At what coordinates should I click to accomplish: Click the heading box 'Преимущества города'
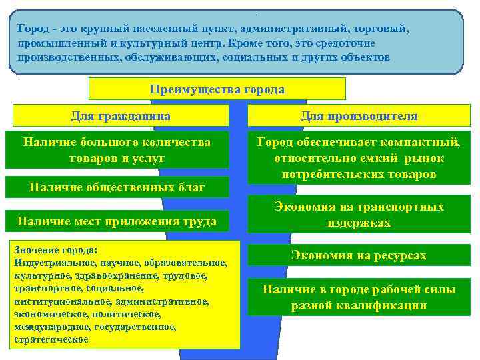pos(217,89)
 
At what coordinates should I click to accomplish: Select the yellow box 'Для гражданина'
pos(121,116)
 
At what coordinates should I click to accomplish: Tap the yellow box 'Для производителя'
pos(359,116)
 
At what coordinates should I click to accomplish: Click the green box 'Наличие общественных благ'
pos(117,187)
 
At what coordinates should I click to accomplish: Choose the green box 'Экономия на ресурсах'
pos(359,255)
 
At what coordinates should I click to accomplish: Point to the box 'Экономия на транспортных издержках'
pos(359,215)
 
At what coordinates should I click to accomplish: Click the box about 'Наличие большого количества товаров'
pos(117,150)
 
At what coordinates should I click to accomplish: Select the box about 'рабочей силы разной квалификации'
pos(359,297)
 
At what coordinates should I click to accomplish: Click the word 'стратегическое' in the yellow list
pos(51,339)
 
